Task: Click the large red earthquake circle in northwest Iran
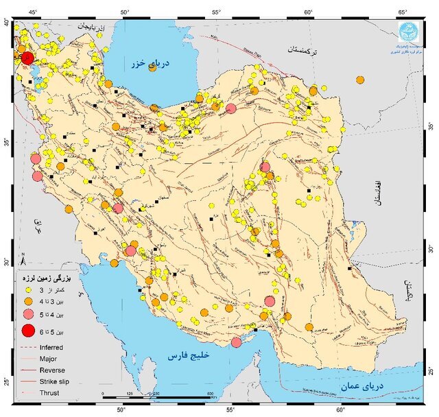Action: [x=27, y=58]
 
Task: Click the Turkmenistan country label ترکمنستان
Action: [x=303, y=50]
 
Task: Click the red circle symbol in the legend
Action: [x=27, y=332]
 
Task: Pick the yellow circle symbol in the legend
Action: [x=27, y=291]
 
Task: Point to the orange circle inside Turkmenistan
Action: [x=360, y=80]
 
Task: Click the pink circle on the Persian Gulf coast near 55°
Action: [x=236, y=342]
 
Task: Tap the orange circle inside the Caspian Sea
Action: [x=153, y=106]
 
